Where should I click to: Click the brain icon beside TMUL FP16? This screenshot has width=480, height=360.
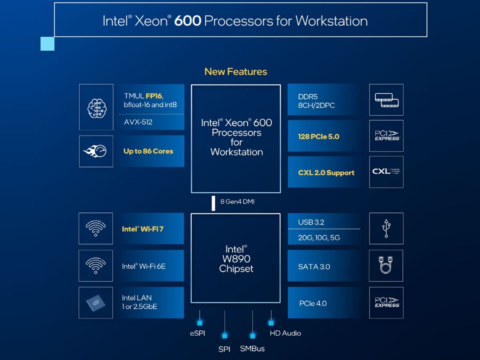[96, 107]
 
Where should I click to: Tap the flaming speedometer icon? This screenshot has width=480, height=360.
[96, 151]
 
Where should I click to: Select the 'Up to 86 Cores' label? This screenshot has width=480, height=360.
[148, 151]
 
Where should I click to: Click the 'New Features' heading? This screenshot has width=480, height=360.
[236, 72]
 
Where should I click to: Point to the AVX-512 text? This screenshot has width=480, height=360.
[138, 122]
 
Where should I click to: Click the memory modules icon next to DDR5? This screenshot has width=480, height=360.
[386, 100]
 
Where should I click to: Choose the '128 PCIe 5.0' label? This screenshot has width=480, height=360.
[318, 136]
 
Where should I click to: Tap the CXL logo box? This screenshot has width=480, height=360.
[386, 172]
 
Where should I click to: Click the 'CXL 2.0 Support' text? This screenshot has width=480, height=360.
[326, 173]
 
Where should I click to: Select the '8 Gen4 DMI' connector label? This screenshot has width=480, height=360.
[237, 202]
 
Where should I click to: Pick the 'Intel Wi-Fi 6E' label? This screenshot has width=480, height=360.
[144, 266]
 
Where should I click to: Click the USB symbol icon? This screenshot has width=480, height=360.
[386, 228]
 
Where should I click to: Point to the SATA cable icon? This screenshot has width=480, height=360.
[386, 266]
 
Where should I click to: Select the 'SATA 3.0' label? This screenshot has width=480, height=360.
[314, 267]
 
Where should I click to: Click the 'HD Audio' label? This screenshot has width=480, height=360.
[285, 333]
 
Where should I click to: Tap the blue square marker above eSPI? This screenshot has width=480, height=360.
[200, 322]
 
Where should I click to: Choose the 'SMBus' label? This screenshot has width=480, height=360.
[252, 348]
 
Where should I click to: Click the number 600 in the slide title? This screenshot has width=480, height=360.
[188, 21]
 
